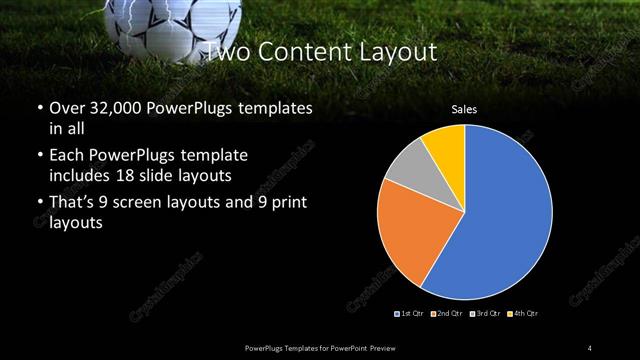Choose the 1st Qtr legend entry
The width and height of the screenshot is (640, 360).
click(411, 314)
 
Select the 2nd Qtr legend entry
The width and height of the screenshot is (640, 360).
click(445, 314)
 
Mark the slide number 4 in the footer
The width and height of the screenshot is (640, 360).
click(590, 346)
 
